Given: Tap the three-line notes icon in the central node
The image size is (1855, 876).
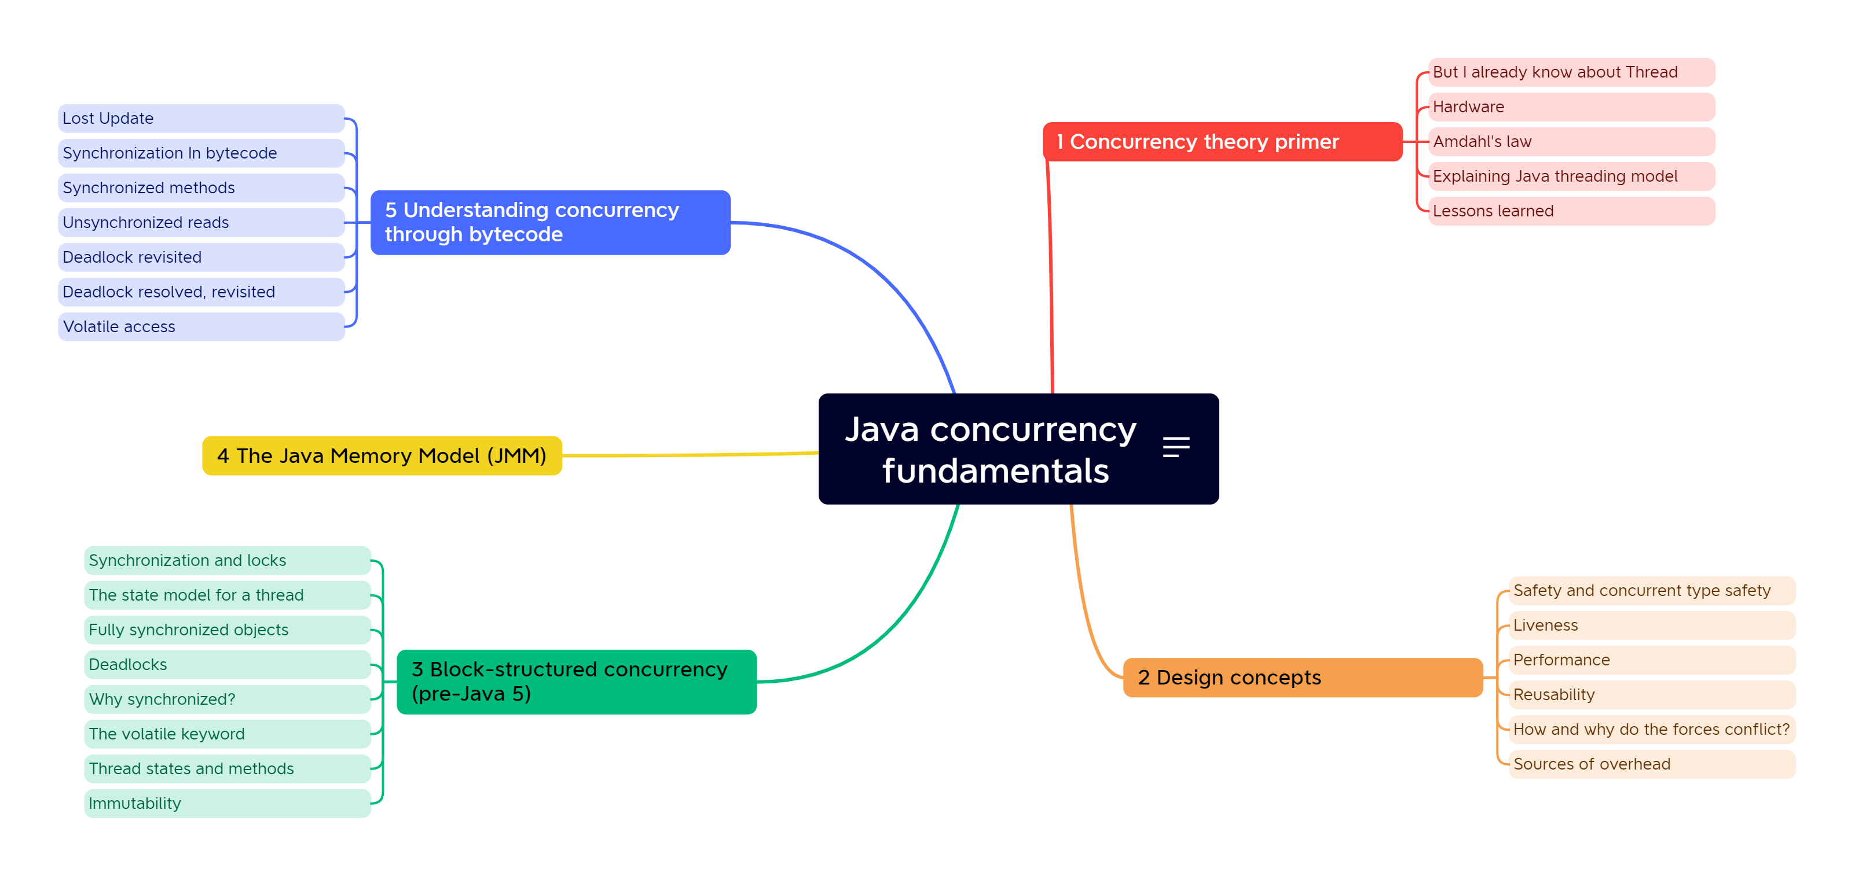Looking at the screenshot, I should point(1175,447).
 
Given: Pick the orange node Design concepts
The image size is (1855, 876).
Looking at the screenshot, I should point(1302,678).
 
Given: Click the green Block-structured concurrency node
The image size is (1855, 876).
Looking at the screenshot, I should point(576,682).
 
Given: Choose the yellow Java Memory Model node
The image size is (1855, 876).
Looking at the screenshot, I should point(382,455).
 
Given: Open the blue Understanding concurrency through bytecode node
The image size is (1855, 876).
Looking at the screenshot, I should point(550,222).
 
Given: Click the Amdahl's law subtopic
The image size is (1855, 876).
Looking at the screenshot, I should point(1571,142).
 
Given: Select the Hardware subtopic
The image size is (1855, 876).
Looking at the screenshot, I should point(1571,107).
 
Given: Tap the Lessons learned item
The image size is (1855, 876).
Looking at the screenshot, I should point(1571,211).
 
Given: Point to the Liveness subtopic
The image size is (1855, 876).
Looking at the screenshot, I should point(1651,625).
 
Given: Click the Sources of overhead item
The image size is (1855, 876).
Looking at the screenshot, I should point(1651,764).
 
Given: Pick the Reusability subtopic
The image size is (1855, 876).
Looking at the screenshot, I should point(1651,695).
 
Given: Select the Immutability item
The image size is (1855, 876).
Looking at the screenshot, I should point(227,803).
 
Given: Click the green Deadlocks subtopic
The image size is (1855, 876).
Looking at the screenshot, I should point(227,664).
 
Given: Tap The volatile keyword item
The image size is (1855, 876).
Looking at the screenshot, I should point(227,734).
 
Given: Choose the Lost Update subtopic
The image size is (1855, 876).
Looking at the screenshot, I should point(201,119).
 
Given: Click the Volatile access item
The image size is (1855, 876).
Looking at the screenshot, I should point(201,327).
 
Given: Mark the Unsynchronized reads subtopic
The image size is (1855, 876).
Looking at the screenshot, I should point(201,222).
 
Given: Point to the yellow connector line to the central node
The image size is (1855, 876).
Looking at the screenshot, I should point(691,455).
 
